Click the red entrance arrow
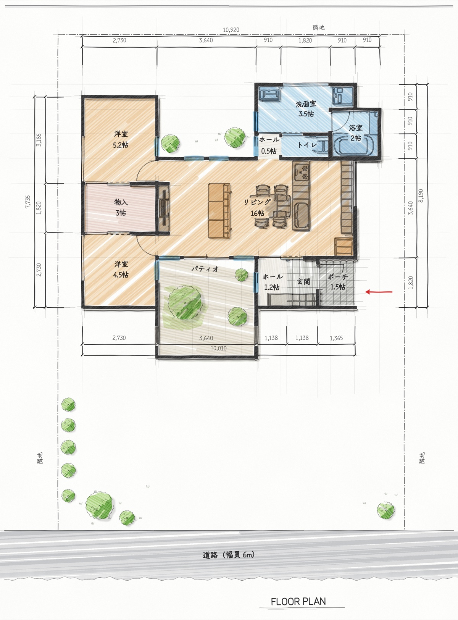click(x=379, y=292)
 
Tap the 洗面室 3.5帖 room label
click(x=306, y=109)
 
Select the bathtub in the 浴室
click(x=355, y=145)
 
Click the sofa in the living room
click(x=220, y=211)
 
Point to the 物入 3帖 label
click(x=121, y=207)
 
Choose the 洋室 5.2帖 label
click(x=121, y=139)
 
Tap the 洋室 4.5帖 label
click(x=121, y=269)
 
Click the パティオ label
click(x=205, y=269)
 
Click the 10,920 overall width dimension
click(x=231, y=30)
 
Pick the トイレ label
click(x=307, y=145)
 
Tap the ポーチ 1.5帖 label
click(x=337, y=282)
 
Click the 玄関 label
click(x=303, y=281)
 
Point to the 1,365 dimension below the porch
click(x=336, y=338)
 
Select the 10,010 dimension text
click(x=219, y=348)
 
